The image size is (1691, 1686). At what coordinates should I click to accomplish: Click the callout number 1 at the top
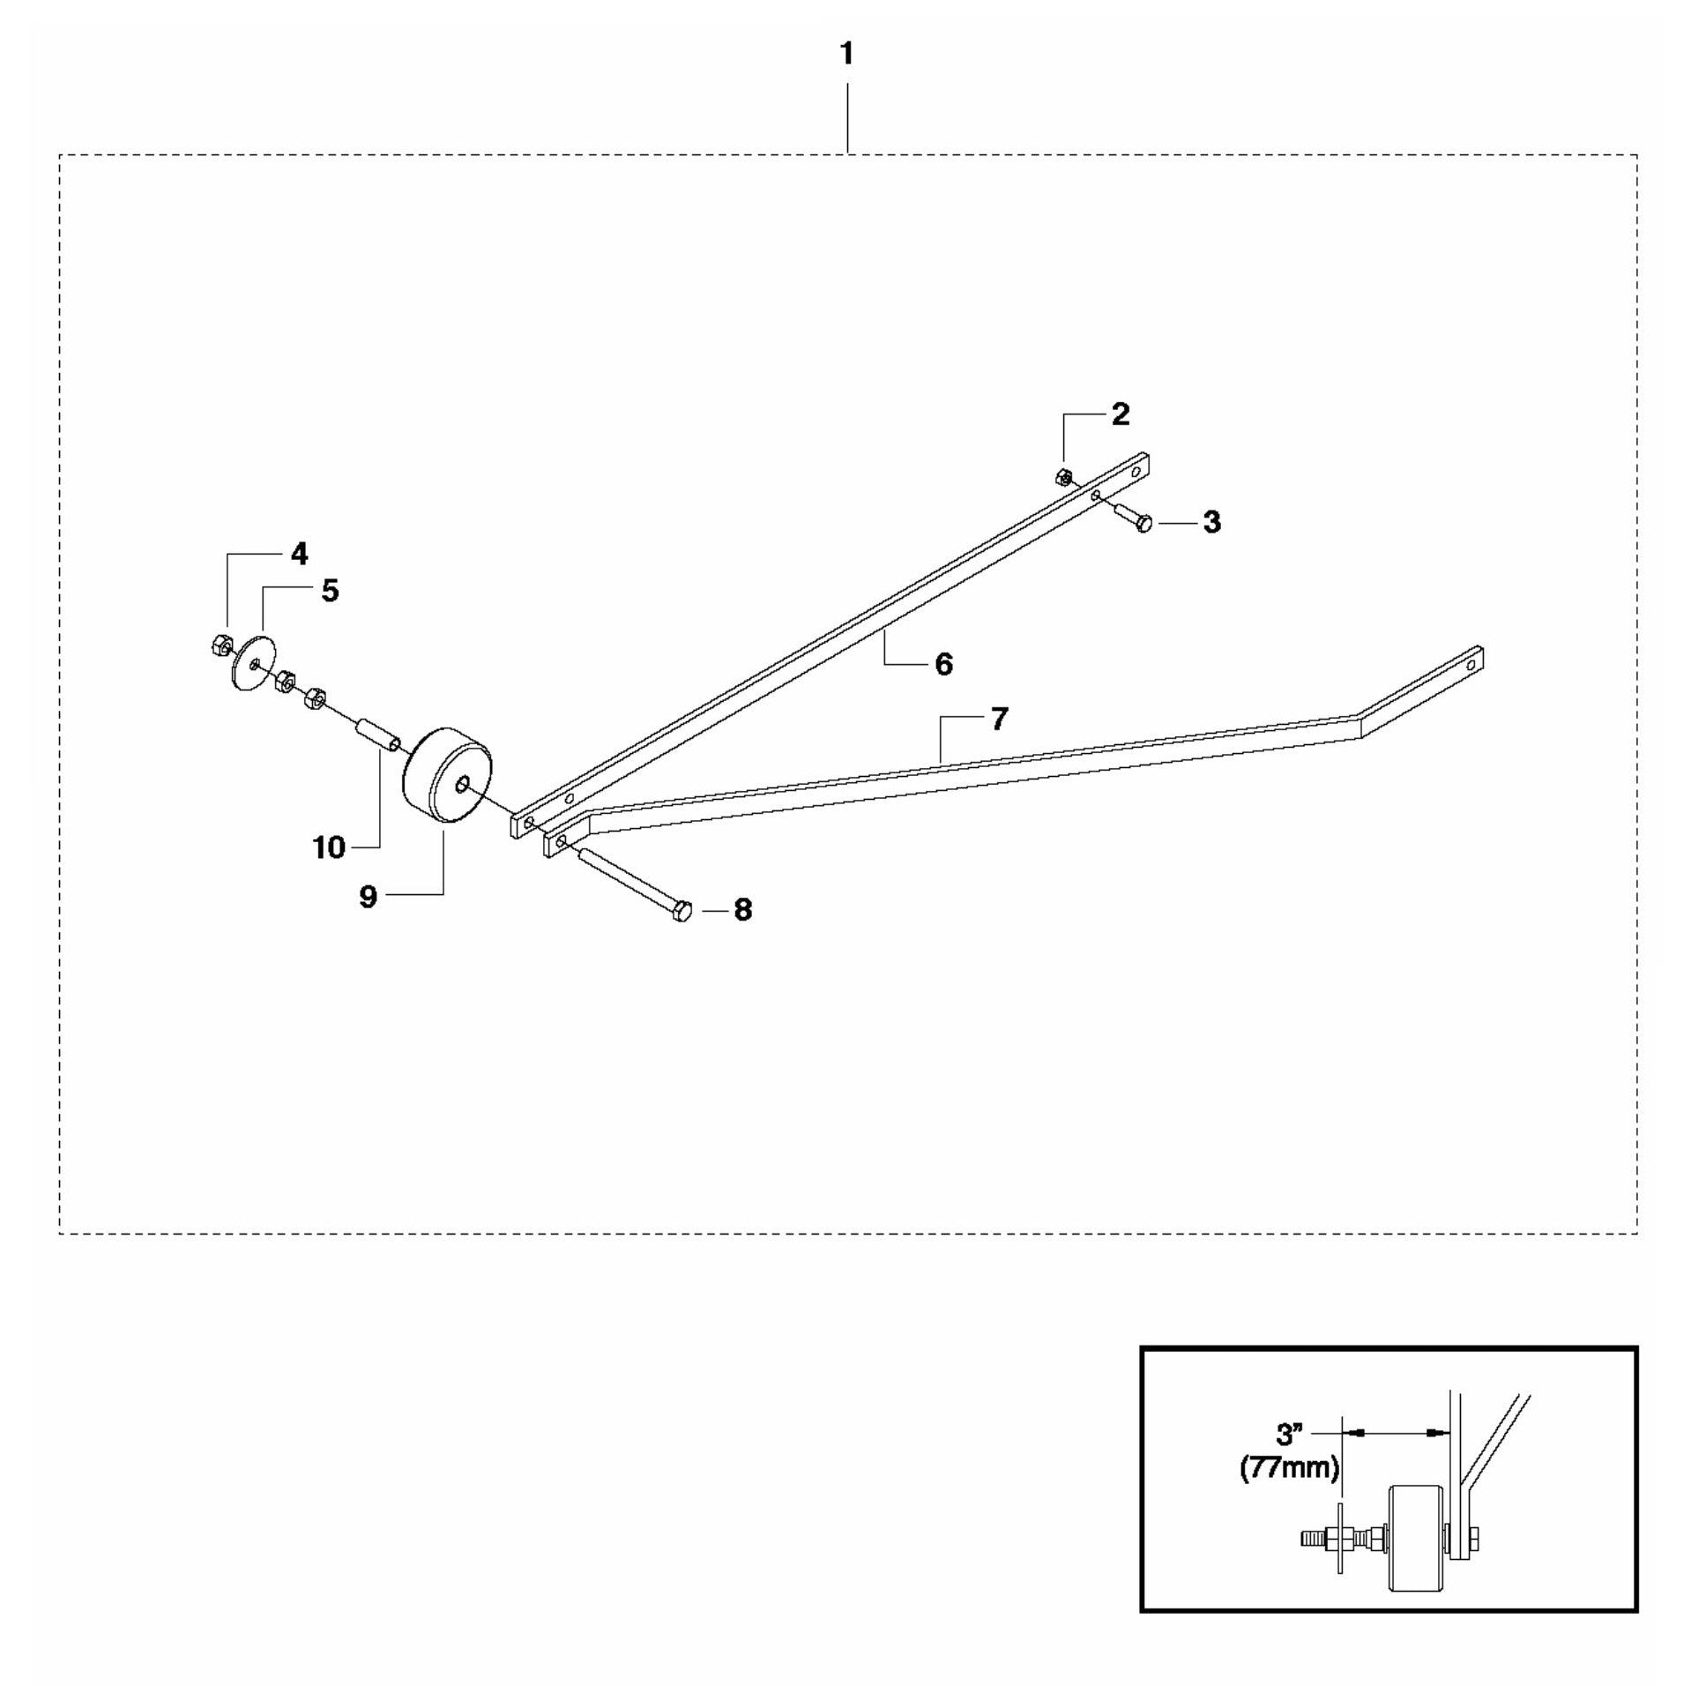846,55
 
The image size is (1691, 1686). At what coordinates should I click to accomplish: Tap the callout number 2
1120,414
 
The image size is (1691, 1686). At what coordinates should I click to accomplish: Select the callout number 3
1212,522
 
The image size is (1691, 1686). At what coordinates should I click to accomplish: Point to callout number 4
300,554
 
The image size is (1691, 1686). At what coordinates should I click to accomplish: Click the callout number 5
330,591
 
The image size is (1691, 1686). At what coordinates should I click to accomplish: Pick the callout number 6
944,664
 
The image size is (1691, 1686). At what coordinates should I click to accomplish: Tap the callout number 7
999,720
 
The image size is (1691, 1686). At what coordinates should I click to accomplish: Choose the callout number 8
743,910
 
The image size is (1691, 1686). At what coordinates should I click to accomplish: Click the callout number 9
369,897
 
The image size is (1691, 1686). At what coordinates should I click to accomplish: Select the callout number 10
329,848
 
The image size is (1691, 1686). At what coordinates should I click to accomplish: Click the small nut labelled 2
1063,477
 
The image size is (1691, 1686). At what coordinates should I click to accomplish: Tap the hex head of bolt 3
1144,524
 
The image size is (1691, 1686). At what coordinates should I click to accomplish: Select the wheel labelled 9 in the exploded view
447,777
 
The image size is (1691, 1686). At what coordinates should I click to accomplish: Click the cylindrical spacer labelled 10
376,735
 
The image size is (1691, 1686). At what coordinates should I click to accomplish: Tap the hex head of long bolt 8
682,911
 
